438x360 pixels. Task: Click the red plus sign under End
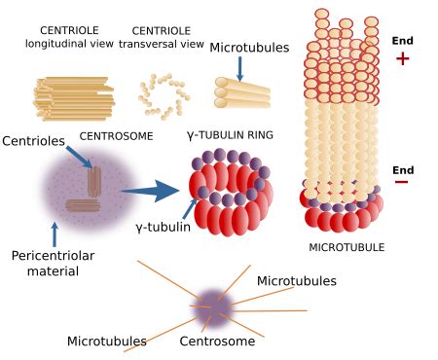[403, 58]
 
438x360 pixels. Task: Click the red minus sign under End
[402, 182]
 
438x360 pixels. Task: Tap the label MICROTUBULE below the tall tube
[347, 247]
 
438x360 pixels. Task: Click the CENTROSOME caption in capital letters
[116, 136]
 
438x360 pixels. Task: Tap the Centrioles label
[33, 142]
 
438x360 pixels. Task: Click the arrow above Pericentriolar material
[55, 233]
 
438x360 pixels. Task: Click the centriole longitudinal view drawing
[74, 98]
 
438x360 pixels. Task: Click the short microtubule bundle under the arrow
[241, 93]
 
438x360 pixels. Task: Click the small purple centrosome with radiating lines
[214, 305]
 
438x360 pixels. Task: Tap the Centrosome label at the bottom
[217, 342]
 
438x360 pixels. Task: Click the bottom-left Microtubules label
[107, 342]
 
